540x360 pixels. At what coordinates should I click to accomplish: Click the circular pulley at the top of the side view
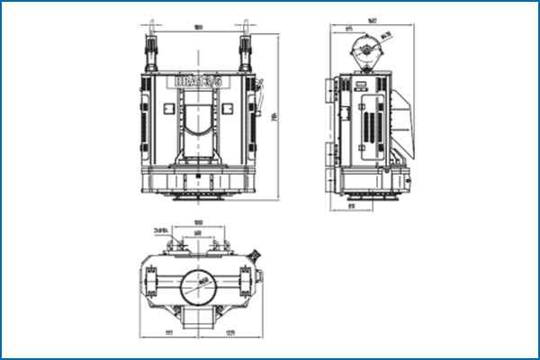pos(366,48)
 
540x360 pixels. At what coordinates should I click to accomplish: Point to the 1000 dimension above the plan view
pos(198,222)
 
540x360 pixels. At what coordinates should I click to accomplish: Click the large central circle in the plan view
pos(198,288)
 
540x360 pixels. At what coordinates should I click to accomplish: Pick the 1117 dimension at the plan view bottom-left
pos(168,334)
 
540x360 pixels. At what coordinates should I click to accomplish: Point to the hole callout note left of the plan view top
pos(162,230)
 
